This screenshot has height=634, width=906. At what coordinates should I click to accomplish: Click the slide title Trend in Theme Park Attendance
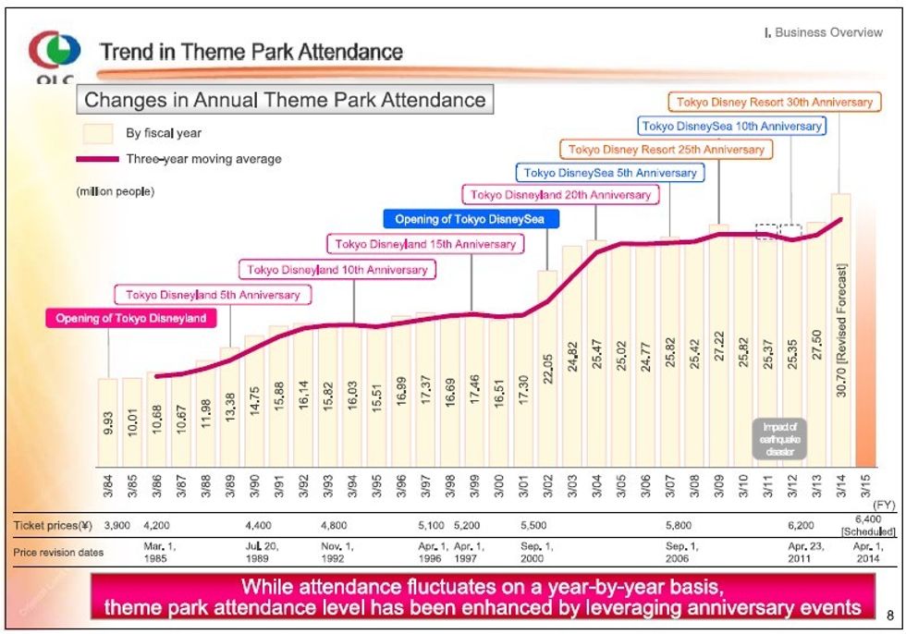[x=251, y=52]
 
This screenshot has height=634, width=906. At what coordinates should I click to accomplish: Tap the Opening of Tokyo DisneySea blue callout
[x=471, y=219]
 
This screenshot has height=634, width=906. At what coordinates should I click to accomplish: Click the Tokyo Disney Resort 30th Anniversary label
[x=774, y=102]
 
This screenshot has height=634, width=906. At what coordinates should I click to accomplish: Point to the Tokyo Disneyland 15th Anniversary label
[x=425, y=244]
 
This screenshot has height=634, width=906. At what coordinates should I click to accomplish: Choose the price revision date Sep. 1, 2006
[x=680, y=552]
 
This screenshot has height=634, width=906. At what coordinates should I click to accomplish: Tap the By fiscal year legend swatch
[x=98, y=133]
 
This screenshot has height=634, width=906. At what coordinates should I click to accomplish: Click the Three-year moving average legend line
[x=99, y=159]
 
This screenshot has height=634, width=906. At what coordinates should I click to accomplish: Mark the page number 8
[x=890, y=614]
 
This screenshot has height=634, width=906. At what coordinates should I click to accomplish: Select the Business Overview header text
[x=823, y=33]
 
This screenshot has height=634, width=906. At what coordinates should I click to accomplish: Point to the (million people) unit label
[x=115, y=192]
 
